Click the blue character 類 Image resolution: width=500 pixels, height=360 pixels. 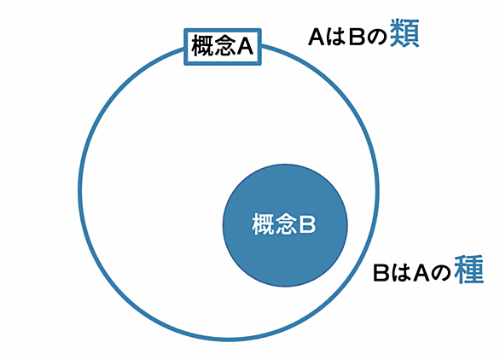[404, 33]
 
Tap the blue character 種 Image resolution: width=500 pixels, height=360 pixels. [469, 270]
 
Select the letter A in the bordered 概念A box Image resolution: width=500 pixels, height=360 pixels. [244, 47]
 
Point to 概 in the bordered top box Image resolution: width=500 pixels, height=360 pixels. [201, 47]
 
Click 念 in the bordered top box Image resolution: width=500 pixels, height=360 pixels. [224, 47]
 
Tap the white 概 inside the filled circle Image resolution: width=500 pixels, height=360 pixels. [263, 224]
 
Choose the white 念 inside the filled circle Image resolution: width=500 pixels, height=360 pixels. [285, 224]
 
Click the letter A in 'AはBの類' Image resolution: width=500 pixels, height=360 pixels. [317, 37]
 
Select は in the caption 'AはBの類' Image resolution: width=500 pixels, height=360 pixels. [337, 37]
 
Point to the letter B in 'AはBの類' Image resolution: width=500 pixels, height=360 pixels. [357, 37]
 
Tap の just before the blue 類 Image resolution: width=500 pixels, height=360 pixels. [376, 38]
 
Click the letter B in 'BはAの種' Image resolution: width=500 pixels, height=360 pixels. [381, 273]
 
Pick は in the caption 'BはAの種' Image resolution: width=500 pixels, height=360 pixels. [401, 273]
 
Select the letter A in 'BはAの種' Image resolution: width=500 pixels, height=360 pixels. [422, 273]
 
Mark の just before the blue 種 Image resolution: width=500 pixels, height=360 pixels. [442, 274]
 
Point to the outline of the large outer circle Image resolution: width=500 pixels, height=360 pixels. [78, 190]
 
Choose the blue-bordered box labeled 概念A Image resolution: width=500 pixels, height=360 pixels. [223, 31]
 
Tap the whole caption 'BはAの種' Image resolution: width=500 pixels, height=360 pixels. [428, 270]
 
